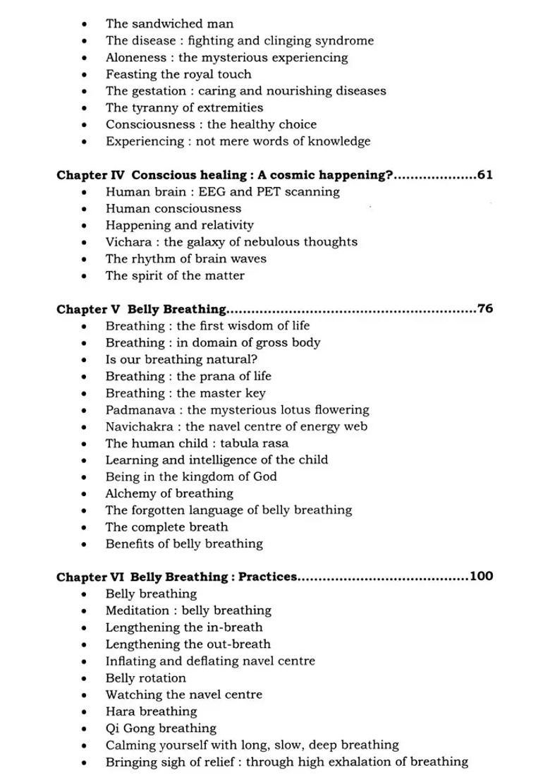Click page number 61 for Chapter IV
click(x=484, y=175)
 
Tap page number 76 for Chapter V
click(x=484, y=309)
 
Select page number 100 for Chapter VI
click(x=481, y=577)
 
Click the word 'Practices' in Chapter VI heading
click(x=267, y=577)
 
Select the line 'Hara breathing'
click(x=151, y=711)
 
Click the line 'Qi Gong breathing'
click(x=161, y=728)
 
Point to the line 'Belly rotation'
click(x=146, y=678)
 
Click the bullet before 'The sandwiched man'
click(x=85, y=25)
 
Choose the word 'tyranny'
click(x=154, y=108)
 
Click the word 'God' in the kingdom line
click(x=264, y=476)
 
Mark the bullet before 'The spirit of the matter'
click(x=85, y=276)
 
